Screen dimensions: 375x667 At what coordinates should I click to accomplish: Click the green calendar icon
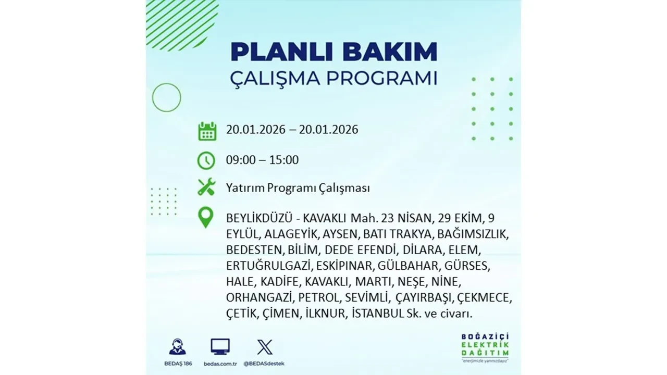click(x=207, y=131)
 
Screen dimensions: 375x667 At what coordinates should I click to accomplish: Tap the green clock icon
click(x=206, y=160)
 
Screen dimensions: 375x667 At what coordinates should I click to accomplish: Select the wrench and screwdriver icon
click(x=206, y=187)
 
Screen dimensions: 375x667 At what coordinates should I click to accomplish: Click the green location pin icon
click(x=206, y=218)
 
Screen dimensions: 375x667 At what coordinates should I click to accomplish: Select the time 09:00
click(x=241, y=160)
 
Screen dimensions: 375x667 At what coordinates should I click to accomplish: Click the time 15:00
click(x=284, y=160)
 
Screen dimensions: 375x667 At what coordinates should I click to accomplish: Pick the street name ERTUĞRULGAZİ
click(x=269, y=266)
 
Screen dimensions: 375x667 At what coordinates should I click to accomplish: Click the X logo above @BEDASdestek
click(x=265, y=347)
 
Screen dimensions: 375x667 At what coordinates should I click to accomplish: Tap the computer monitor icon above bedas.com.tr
click(x=220, y=346)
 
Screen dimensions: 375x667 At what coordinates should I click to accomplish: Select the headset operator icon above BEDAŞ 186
click(x=178, y=346)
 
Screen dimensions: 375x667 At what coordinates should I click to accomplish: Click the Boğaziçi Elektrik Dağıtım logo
click(x=485, y=346)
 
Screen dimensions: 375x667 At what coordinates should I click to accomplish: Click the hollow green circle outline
click(x=166, y=97)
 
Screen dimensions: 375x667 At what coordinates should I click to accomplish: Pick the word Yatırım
click(x=244, y=188)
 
